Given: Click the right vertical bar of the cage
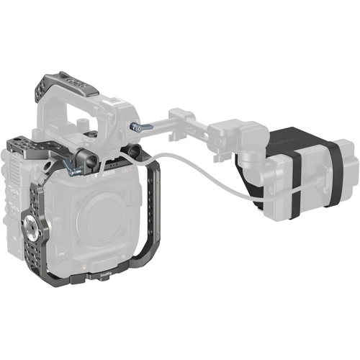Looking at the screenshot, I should tap(152, 216).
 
